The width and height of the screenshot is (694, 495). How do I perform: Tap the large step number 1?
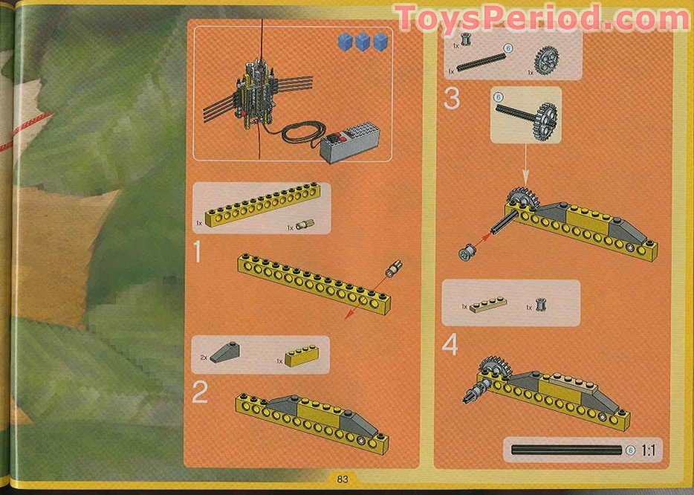[x=198, y=253]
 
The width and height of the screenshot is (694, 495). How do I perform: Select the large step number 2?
[x=199, y=392]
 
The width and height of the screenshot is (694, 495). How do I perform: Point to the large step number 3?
[x=452, y=98]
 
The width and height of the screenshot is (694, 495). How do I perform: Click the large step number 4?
[x=451, y=344]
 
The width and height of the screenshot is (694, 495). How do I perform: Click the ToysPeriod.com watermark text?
[x=543, y=18]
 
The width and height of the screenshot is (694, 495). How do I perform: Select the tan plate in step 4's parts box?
[x=492, y=305]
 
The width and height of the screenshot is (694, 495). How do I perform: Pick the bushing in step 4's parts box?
[x=541, y=305]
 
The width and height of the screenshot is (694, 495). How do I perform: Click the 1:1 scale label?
[x=649, y=450]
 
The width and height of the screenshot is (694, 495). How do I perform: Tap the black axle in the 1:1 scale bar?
[x=565, y=450]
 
